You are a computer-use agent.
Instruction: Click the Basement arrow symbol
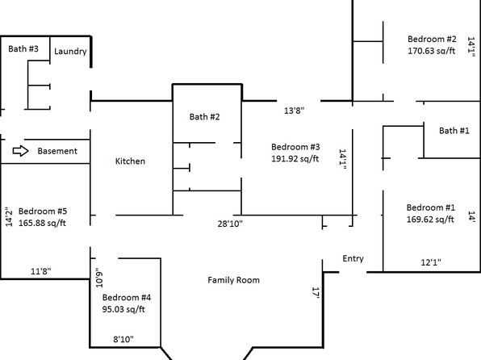(x=20, y=151)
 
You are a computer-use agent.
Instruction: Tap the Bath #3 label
(x=23, y=48)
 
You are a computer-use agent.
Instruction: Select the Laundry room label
(x=70, y=51)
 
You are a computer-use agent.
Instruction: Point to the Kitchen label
(x=130, y=161)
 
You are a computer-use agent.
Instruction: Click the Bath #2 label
(x=205, y=116)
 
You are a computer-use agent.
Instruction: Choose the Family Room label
(x=234, y=280)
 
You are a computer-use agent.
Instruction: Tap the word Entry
(x=353, y=259)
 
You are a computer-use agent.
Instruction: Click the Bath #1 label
(x=454, y=131)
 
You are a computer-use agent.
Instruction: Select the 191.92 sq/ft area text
(x=295, y=159)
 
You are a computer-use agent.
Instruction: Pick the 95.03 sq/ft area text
(x=123, y=309)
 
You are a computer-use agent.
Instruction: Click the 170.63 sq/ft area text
(x=431, y=51)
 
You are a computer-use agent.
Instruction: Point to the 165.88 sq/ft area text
(x=42, y=223)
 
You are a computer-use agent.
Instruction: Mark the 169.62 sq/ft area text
(x=430, y=219)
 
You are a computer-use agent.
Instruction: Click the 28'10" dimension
(x=230, y=224)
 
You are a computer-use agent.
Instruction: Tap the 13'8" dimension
(x=295, y=111)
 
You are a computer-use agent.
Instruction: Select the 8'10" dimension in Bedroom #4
(x=123, y=339)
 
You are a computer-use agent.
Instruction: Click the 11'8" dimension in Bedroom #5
(x=41, y=271)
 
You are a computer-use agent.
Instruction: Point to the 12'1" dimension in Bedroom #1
(x=431, y=262)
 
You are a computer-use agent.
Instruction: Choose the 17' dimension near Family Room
(x=316, y=293)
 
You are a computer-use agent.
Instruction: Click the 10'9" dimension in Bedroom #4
(x=99, y=278)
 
